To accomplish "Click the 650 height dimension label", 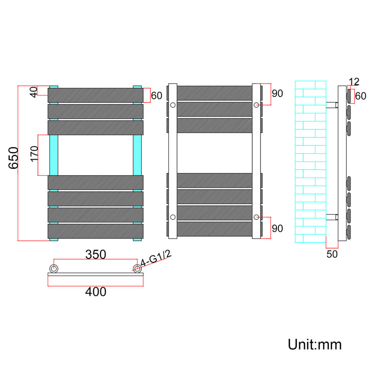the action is point(13,158).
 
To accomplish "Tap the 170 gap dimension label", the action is point(34,154).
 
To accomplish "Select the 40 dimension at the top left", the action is point(34,92).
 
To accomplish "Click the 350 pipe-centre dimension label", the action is point(96,255).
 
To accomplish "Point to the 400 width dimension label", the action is point(96,292).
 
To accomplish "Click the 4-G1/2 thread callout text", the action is point(156,258).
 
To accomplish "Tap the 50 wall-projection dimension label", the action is point(332,254).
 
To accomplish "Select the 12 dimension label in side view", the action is point(354,82).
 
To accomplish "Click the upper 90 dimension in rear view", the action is point(278,94).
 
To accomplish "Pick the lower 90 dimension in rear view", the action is point(278,228).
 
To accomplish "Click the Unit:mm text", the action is point(315,345).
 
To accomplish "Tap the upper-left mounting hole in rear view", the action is point(173,105).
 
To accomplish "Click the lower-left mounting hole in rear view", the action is point(173,217).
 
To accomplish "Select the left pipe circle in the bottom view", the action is point(54,268).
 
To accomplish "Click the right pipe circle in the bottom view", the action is point(137,268).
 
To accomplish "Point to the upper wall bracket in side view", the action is point(332,105).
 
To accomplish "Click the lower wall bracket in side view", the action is point(332,217).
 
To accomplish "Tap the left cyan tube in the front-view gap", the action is point(54,155).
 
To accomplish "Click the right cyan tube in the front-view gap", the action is point(137,155).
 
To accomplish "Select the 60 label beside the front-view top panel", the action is point(156,96).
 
